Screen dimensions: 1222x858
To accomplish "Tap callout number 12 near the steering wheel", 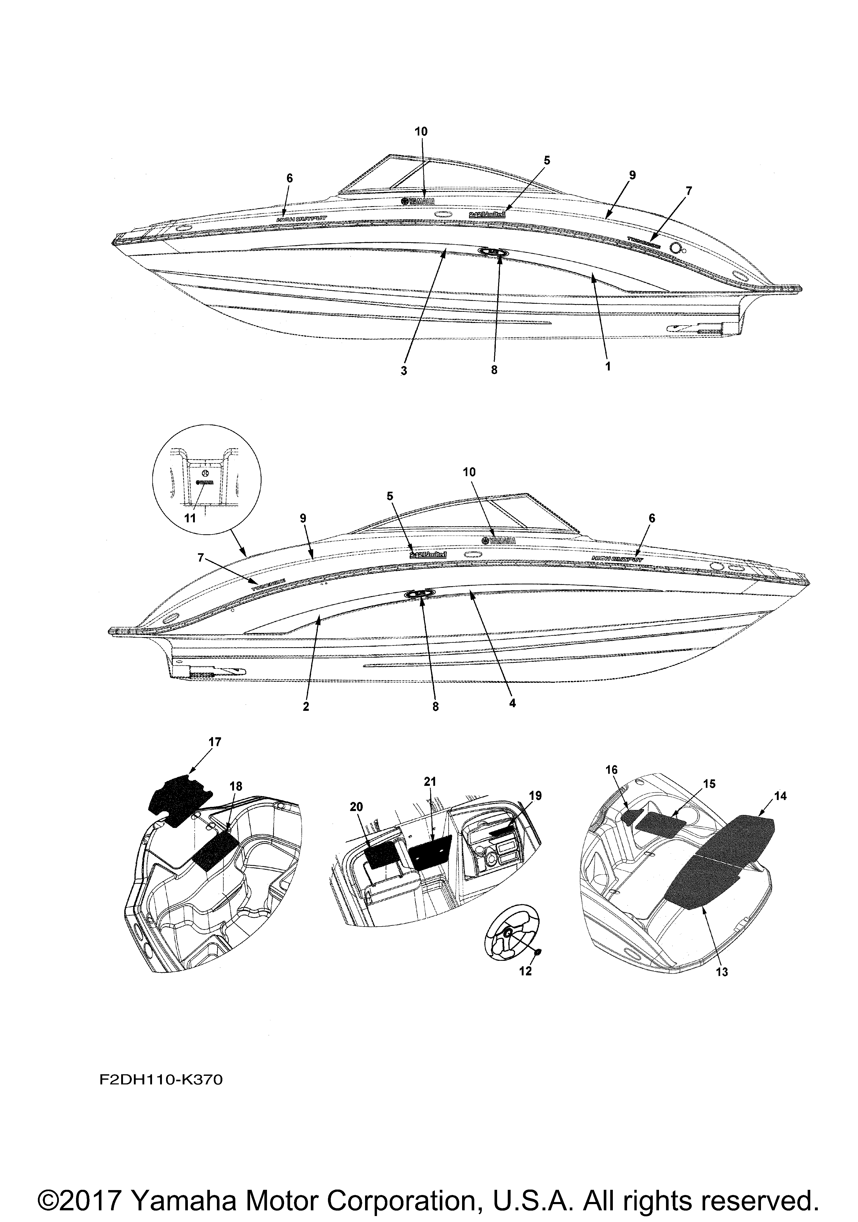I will tap(525, 971).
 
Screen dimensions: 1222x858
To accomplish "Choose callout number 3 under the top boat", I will tap(404, 371).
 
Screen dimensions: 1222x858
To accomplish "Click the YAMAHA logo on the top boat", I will tap(417, 201).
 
